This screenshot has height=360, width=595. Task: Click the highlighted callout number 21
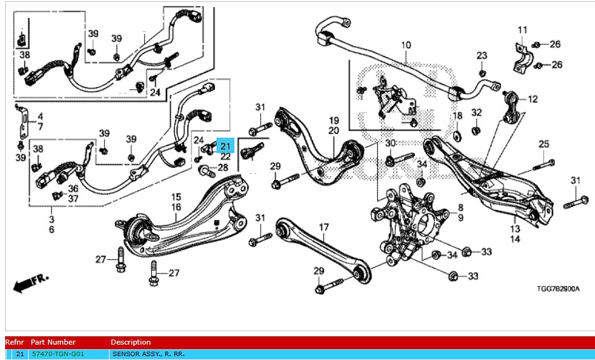(x=225, y=145)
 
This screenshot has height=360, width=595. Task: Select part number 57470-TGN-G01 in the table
(x=58, y=354)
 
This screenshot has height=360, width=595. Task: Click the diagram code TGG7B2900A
(x=557, y=289)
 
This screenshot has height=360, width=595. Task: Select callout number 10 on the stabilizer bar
(x=405, y=45)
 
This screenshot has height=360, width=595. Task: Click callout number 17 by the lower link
(x=323, y=227)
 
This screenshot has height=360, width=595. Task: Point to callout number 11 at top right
(x=523, y=30)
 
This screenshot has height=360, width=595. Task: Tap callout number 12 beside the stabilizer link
(x=533, y=99)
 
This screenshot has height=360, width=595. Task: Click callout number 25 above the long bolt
(x=544, y=143)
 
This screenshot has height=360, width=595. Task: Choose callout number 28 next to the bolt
(x=222, y=168)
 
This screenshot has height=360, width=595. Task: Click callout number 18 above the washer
(x=457, y=116)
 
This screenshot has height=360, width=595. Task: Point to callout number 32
(x=476, y=113)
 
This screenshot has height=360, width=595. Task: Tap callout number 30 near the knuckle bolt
(x=390, y=143)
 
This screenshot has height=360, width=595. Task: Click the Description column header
(x=130, y=342)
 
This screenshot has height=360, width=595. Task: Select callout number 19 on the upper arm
(x=334, y=120)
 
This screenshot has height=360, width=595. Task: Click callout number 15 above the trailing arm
(x=176, y=197)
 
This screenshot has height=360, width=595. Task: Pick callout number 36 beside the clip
(x=73, y=188)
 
